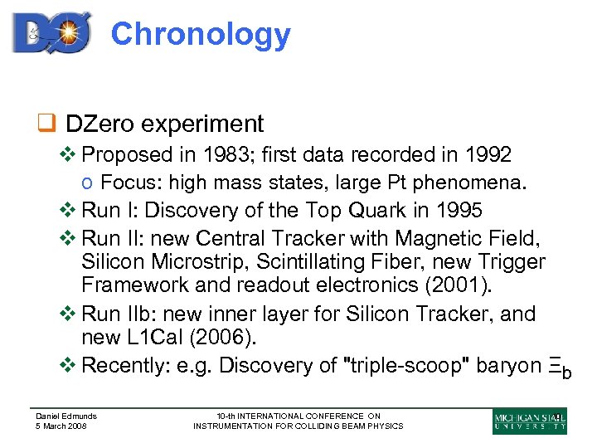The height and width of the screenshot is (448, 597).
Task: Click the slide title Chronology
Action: click(x=201, y=35)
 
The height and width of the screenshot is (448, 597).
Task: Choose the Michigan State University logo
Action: click(x=530, y=421)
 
